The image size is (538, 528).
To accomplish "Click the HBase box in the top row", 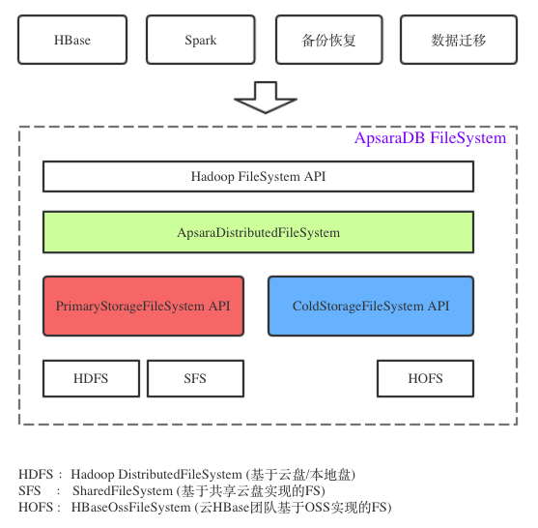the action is tap(72, 40).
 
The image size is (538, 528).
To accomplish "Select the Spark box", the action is tap(201, 40).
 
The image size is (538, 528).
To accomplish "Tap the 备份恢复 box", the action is tap(329, 40).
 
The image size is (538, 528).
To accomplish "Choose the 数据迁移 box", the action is tap(459, 40).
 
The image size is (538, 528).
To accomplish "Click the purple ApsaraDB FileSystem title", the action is tap(430, 137).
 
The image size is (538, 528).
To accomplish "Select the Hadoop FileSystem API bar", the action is tap(258, 176).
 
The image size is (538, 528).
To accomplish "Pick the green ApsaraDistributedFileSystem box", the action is tap(258, 232).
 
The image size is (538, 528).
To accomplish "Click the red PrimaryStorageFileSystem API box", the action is tap(143, 306).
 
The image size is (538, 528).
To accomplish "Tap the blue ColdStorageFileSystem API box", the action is tap(371, 306).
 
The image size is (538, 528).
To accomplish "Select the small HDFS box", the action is tap(91, 378).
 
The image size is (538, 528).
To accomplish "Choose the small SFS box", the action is tap(195, 378).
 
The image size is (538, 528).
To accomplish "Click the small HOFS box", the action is tap(425, 378).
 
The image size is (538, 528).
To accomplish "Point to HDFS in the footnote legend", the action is tap(36, 475).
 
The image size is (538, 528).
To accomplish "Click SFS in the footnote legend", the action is tap(30, 490).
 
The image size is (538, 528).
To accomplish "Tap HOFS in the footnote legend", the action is tap(36, 507).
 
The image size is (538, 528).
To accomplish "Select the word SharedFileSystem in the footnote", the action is tap(123, 491).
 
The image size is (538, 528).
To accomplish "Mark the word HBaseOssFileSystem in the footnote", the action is tap(130, 508).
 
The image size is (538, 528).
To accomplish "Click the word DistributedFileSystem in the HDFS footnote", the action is tap(180, 475).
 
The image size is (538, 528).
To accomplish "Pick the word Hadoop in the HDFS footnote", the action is tap(93, 475).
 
